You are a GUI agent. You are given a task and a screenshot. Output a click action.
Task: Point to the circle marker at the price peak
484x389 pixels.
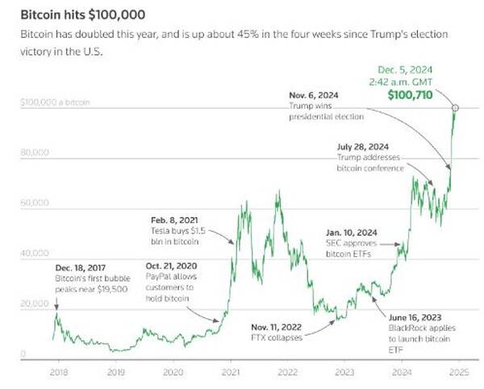456,107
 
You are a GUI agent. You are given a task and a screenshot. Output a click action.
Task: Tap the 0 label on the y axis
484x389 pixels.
23,354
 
